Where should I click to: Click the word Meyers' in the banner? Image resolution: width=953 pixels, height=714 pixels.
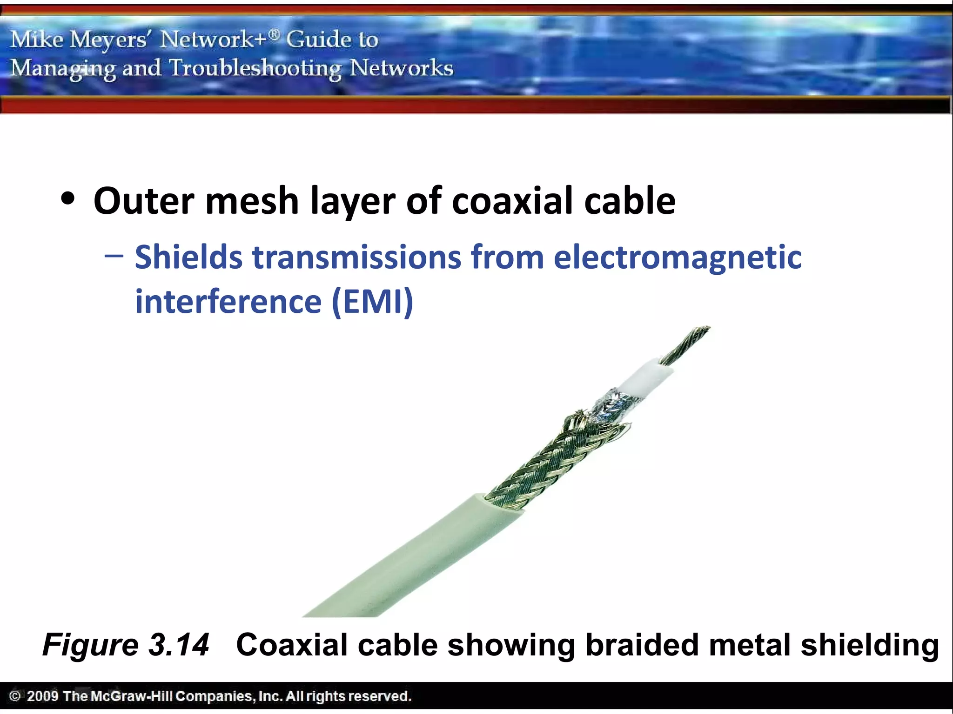[108, 40]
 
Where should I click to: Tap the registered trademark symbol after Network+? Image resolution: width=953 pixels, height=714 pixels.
[275, 34]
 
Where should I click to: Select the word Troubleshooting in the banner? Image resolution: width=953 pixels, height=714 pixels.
[255, 69]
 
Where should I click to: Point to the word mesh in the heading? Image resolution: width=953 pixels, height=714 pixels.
[252, 201]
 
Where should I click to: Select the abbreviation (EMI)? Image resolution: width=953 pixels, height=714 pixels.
[372, 302]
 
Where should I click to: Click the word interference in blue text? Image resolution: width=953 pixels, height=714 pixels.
[228, 302]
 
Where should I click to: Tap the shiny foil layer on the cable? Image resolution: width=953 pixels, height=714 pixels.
[610, 404]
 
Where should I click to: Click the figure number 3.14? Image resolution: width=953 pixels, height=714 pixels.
[179, 645]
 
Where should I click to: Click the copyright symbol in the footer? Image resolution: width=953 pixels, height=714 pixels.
[14, 696]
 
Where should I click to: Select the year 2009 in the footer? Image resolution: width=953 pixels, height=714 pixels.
[42, 696]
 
